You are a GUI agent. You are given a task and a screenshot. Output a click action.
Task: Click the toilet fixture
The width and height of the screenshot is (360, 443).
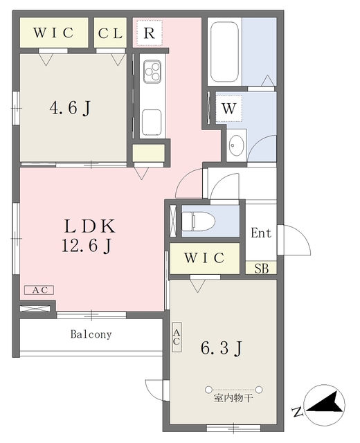[x=198, y=221]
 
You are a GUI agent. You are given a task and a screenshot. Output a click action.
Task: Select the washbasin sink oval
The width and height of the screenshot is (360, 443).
[x=236, y=145]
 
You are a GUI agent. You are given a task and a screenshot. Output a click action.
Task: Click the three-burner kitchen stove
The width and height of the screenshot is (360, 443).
[x=152, y=71]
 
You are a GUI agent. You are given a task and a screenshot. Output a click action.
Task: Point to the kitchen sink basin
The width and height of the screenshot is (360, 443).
[x=152, y=123]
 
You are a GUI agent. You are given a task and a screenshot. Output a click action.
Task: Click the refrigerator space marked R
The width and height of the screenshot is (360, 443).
[x=150, y=33]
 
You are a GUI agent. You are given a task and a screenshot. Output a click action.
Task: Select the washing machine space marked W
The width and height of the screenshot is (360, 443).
[x=229, y=108]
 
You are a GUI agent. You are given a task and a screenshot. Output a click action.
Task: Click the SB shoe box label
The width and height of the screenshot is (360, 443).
[x=262, y=269]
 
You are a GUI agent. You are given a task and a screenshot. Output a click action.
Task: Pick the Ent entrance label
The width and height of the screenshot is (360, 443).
[x=261, y=233]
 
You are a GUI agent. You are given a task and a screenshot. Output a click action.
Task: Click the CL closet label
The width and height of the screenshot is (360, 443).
[x=110, y=34]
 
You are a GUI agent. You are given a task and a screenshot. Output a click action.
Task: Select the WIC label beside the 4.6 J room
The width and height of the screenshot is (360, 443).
[x=54, y=33]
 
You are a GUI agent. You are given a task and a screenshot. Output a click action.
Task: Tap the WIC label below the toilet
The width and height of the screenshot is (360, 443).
[x=204, y=258]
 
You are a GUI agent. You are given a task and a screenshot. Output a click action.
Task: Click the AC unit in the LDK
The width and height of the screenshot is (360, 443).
[x=39, y=290]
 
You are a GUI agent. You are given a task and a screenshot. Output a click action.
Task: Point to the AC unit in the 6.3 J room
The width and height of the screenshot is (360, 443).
[x=177, y=337]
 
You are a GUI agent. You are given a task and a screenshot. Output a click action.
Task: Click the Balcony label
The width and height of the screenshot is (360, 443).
[x=91, y=334]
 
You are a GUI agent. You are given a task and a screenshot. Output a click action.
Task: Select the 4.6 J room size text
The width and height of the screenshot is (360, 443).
[x=70, y=108]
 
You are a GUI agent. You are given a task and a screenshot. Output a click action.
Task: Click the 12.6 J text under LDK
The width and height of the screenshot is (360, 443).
[x=87, y=246]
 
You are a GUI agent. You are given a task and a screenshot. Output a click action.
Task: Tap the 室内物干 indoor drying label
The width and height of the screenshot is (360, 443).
[x=233, y=399]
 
